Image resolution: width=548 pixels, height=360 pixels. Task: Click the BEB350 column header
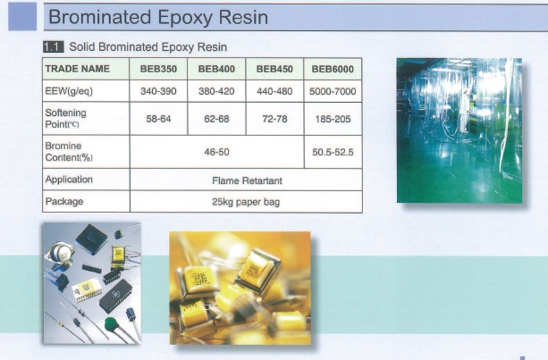tap(158, 69)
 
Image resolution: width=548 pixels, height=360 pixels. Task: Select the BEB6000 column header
tap(333, 69)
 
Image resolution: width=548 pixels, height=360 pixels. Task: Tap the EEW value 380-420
tap(216, 91)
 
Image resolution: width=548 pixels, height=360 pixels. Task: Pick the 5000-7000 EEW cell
tap(333, 91)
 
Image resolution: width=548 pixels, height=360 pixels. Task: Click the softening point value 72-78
tap(274, 119)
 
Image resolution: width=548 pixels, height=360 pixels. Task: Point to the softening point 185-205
tap(333, 119)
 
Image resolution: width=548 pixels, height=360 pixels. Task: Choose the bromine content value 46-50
tap(216, 152)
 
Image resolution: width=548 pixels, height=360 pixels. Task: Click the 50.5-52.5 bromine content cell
tap(333, 152)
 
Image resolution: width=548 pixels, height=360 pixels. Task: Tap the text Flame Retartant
tap(247, 180)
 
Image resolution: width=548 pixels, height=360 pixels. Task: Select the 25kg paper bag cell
tap(246, 202)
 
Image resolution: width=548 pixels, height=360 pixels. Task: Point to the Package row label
tap(64, 202)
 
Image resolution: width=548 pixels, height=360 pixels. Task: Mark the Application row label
tap(69, 180)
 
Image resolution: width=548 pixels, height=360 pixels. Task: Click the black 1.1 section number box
tap(53, 46)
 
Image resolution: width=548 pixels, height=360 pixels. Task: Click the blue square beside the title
tap(22, 16)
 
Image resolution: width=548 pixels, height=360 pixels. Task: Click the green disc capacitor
tap(112, 324)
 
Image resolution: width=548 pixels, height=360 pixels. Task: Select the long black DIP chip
tap(115, 296)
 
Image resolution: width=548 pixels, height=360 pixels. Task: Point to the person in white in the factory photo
tap(464, 111)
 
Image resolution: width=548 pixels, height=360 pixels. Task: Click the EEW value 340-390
tap(158, 91)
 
